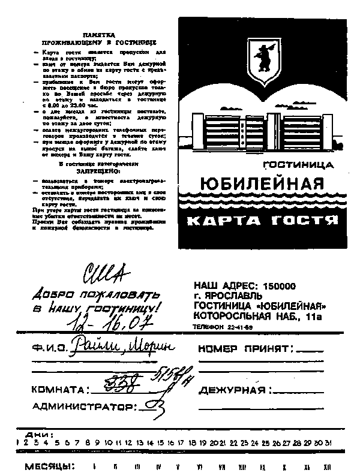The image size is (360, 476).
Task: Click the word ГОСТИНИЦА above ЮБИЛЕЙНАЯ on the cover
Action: (298, 163)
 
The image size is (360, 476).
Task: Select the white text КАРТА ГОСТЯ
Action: (260, 221)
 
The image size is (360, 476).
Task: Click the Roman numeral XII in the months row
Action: (327, 466)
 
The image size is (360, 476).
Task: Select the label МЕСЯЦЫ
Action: (49, 466)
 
